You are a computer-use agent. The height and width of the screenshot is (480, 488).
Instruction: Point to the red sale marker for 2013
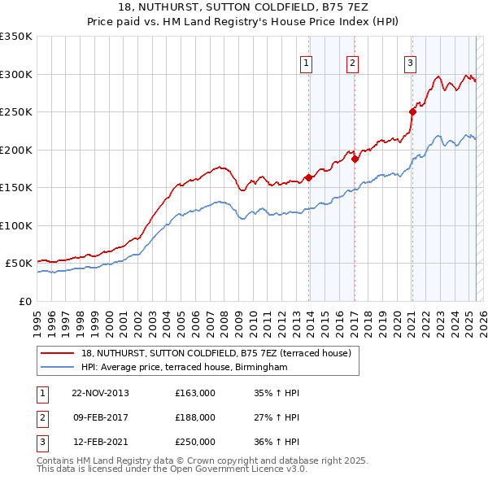[x=309, y=177]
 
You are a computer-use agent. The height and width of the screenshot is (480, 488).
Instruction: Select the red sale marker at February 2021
[x=412, y=111]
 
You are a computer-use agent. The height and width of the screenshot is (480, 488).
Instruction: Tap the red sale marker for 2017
[x=355, y=159]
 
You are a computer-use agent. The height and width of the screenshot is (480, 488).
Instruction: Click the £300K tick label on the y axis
[x=16, y=74]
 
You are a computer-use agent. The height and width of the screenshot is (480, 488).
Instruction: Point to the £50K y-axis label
[x=20, y=264]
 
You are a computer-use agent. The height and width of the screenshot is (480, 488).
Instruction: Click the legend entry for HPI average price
[x=185, y=367]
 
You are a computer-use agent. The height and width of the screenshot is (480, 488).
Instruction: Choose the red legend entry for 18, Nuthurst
[x=216, y=353]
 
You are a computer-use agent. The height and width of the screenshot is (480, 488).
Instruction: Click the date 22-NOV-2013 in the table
[x=100, y=393]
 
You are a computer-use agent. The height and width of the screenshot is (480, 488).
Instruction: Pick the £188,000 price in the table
[x=195, y=417]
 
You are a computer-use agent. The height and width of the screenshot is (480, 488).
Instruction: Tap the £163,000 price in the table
[x=195, y=393]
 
